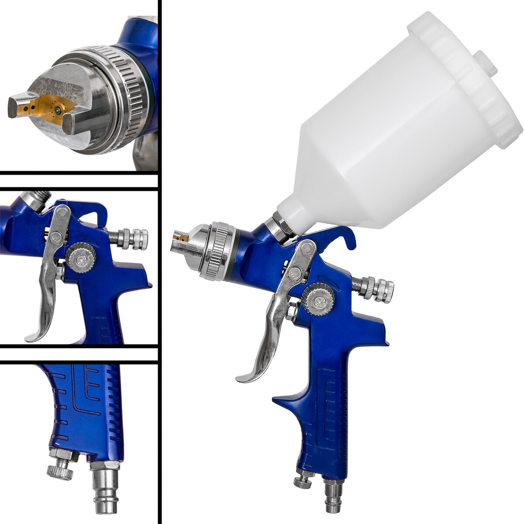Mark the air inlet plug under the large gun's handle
point(334,493)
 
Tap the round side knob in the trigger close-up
point(81,258)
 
